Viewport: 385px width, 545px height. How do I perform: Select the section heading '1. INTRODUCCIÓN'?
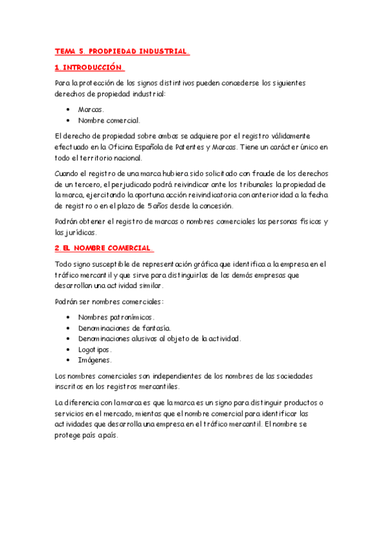(x=89, y=67)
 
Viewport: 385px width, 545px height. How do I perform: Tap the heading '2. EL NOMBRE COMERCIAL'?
(x=103, y=247)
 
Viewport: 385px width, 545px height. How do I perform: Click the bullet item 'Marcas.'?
(x=91, y=109)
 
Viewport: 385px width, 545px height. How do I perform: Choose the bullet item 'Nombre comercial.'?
(x=109, y=120)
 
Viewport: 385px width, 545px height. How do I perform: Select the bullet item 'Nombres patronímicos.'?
(x=116, y=317)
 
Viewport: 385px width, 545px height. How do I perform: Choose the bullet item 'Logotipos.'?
(x=95, y=349)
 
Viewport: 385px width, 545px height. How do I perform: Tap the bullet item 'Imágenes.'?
(x=94, y=360)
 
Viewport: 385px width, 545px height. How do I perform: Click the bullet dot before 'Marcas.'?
(x=68, y=110)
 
